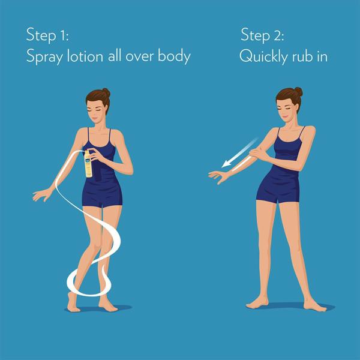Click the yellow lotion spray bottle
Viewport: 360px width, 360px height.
click(x=88, y=164)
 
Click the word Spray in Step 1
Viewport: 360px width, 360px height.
click(x=44, y=56)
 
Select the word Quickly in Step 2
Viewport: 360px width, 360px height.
click(x=263, y=56)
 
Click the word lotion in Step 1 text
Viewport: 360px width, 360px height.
click(x=85, y=56)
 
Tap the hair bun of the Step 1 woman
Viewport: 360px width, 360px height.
click(x=106, y=92)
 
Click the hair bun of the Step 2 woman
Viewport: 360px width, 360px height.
click(x=298, y=92)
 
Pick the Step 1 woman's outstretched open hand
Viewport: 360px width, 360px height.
click(x=42, y=195)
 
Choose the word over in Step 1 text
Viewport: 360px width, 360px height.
click(x=140, y=57)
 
